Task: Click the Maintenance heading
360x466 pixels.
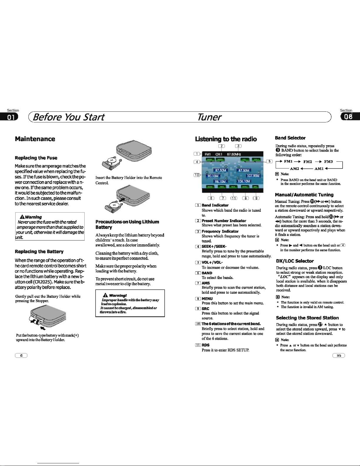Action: (x=35, y=139)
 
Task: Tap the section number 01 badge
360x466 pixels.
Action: (x=9, y=117)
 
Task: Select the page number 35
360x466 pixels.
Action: (x=339, y=355)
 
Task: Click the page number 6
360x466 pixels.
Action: (x=21, y=355)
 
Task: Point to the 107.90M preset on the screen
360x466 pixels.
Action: (x=254, y=176)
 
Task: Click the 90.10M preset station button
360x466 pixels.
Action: (x=213, y=176)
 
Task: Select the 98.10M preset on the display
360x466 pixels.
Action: (x=220, y=181)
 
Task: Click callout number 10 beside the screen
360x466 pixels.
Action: (x=197, y=175)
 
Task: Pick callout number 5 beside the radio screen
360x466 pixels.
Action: (x=269, y=161)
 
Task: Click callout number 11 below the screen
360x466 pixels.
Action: (x=234, y=198)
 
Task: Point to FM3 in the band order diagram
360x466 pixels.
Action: (x=328, y=161)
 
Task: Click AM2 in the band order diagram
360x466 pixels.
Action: (x=294, y=168)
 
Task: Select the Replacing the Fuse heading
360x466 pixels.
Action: (x=36, y=158)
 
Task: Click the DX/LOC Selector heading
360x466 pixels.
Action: (x=295, y=261)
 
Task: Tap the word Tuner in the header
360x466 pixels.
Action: (x=209, y=117)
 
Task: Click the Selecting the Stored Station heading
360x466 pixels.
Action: (x=307, y=318)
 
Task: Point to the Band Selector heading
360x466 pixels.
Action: (x=290, y=138)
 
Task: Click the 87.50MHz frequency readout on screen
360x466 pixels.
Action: (x=234, y=154)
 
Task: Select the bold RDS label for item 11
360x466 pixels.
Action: (x=205, y=345)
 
